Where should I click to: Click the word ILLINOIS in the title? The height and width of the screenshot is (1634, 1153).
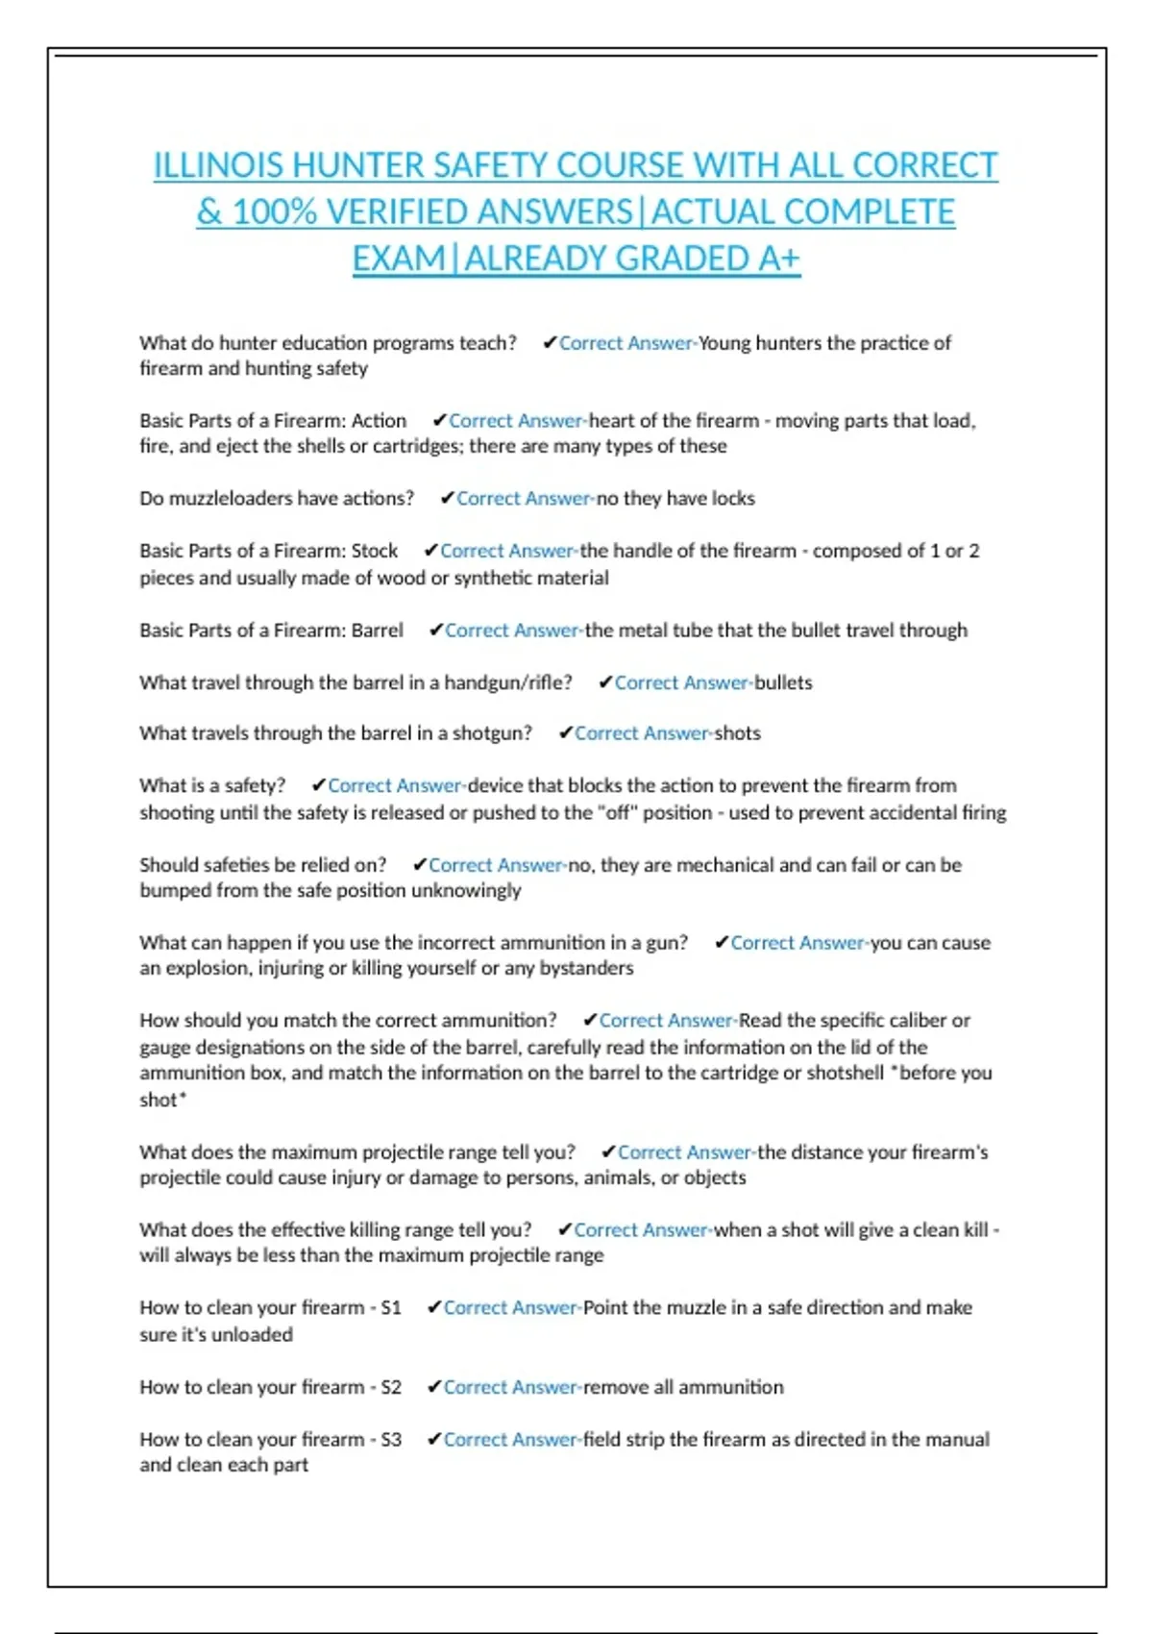[218, 165]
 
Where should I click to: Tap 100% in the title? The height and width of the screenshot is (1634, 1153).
[274, 212]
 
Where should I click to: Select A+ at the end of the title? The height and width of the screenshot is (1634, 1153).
[778, 259]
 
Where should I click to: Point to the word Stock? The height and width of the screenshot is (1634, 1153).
[374, 551]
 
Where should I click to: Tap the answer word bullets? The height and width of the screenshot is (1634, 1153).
[783, 682]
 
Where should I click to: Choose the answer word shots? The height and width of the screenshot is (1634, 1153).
[737, 733]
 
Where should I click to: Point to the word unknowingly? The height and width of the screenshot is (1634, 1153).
[466, 890]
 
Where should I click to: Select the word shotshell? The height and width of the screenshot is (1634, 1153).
[845, 1073]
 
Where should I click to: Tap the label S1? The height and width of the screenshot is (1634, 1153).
[390, 1308]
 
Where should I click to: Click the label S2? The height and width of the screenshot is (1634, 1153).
[390, 1387]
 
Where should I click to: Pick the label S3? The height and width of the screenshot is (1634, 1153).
[390, 1440]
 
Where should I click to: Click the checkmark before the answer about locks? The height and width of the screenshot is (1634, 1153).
[447, 498]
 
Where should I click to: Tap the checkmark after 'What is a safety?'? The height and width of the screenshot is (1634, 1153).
[319, 785]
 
